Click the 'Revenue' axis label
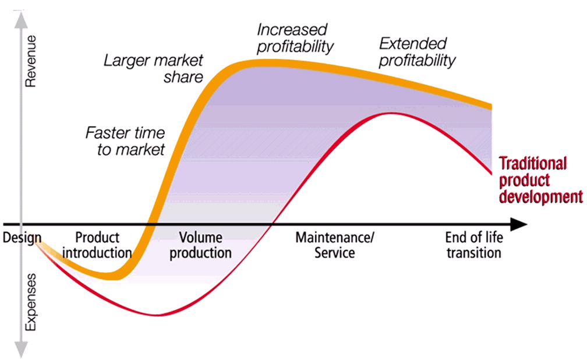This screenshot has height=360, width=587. point(30,61)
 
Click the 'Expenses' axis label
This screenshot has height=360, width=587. point(30,302)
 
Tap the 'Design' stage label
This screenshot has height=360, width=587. point(22,238)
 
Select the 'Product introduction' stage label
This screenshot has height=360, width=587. point(97,245)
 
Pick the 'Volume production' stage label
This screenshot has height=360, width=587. point(200,245)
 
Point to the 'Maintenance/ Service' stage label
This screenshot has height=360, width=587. point(335,245)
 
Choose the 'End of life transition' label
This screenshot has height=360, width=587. point(473,245)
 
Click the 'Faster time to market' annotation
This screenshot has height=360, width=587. point(125,141)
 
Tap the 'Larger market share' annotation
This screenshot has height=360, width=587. point(154,69)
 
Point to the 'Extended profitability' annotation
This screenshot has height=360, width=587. point(417,52)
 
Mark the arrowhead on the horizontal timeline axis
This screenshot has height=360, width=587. point(519,224)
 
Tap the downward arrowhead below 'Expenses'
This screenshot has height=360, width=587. point(22,351)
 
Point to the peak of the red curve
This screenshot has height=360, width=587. point(390,113)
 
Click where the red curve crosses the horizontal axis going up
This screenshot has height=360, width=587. point(272,224)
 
